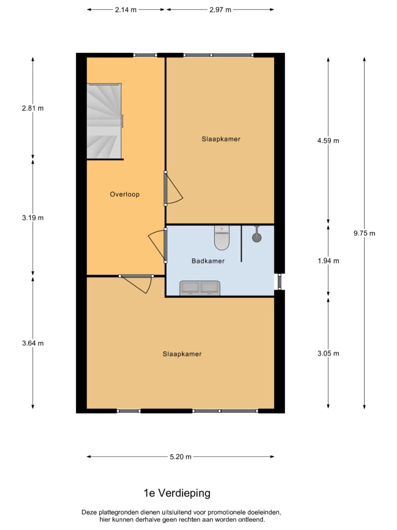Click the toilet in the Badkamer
222,238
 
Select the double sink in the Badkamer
200,288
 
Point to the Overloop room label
124,194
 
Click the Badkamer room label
208,261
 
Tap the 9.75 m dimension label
364,233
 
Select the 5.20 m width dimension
181,457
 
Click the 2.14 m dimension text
126,10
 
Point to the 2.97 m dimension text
220,10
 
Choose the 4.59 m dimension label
328,140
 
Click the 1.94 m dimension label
328,261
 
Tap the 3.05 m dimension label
328,354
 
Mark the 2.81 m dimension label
33,108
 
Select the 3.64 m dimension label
33,343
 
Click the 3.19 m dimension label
33,218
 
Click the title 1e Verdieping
177,493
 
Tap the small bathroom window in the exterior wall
280,282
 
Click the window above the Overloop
145,55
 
